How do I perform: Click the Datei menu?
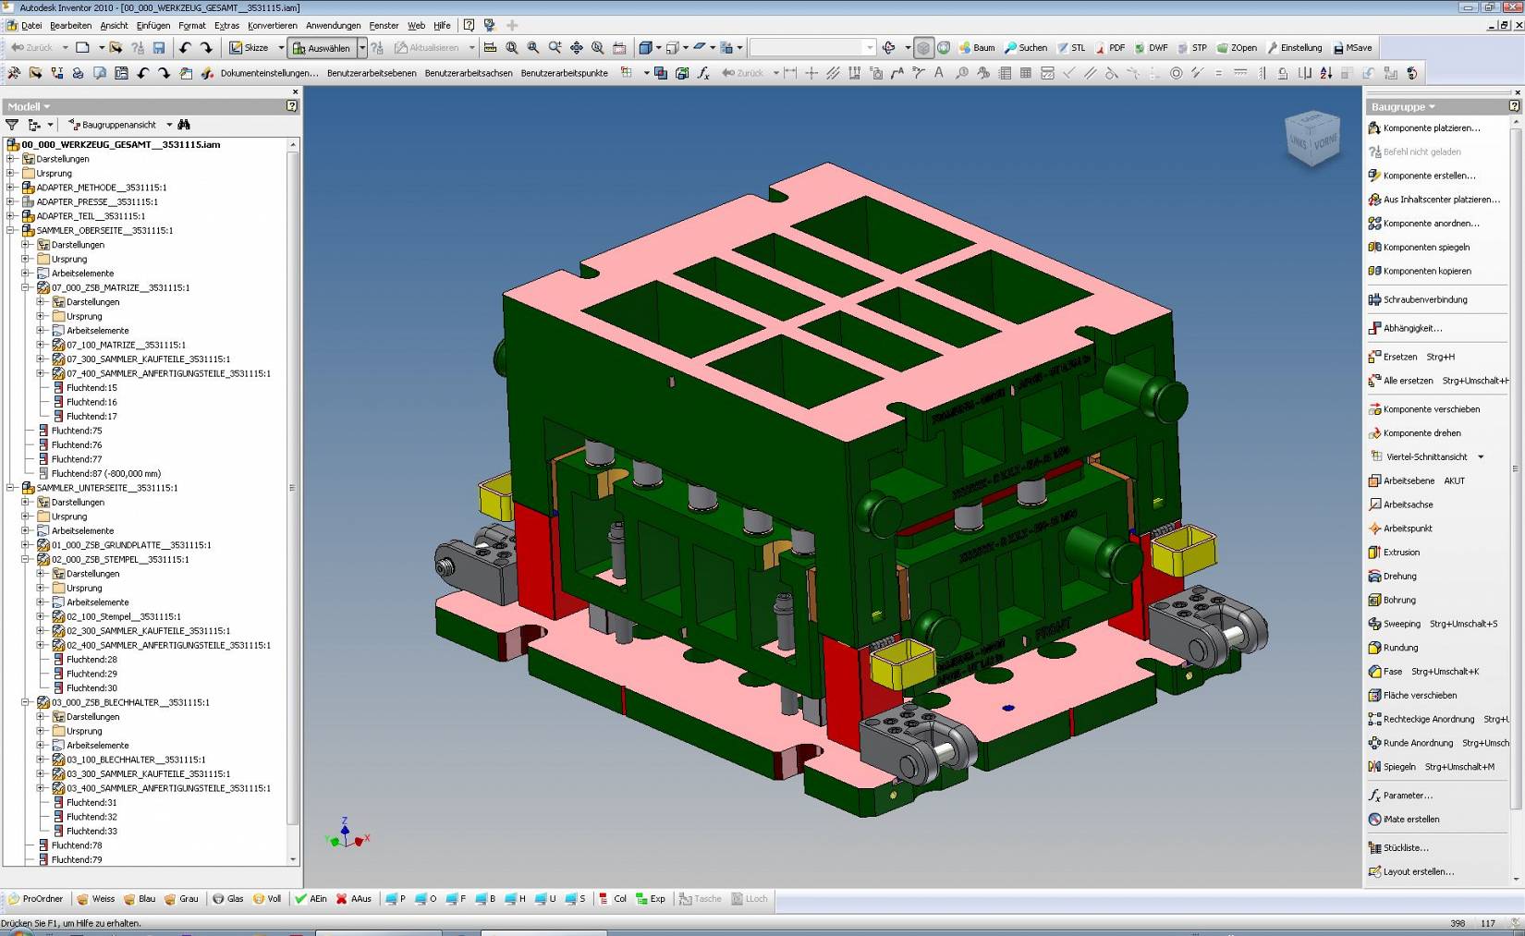(30, 25)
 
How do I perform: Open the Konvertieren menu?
(272, 25)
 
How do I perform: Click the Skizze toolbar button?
(250, 47)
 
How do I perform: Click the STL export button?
(1072, 47)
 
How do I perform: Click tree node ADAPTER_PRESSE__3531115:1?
(96, 201)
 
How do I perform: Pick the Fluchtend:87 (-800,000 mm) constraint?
(105, 473)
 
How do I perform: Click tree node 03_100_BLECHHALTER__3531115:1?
(135, 760)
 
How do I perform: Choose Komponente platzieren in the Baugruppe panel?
(1430, 128)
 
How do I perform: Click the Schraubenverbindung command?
(1424, 299)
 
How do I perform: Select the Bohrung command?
(1398, 600)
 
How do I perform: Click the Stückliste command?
(1405, 847)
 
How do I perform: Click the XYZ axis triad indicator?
(346, 834)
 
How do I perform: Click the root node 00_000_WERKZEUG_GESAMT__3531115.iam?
(120, 144)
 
